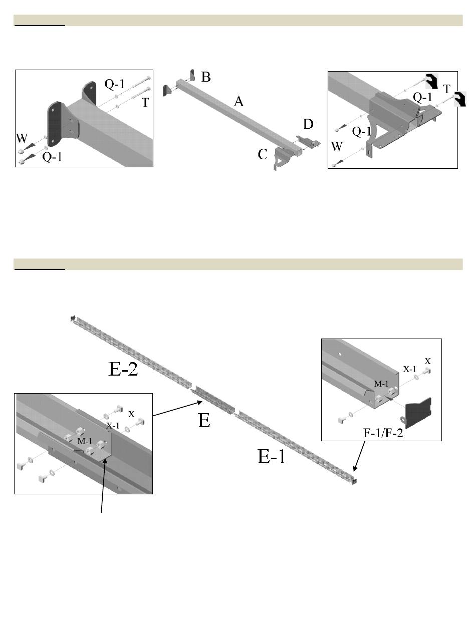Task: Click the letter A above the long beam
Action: [x=239, y=102]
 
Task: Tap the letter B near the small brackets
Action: [x=205, y=77]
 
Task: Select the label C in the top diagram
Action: [x=263, y=154]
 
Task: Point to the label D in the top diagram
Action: [x=308, y=124]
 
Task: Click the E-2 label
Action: [x=123, y=369]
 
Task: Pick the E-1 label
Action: [x=272, y=456]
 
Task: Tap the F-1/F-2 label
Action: [x=383, y=433]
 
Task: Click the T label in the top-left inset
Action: [x=145, y=103]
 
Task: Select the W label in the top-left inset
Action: [x=22, y=138]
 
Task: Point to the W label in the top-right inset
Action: [x=337, y=146]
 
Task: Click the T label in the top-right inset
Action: [x=446, y=89]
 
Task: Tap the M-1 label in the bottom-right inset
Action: [x=381, y=384]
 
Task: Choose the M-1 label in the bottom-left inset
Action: [x=85, y=441]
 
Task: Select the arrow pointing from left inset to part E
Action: [x=177, y=409]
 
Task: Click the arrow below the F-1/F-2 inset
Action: [x=359, y=456]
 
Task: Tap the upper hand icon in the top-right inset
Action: [x=432, y=81]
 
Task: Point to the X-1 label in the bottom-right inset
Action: [x=410, y=369]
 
